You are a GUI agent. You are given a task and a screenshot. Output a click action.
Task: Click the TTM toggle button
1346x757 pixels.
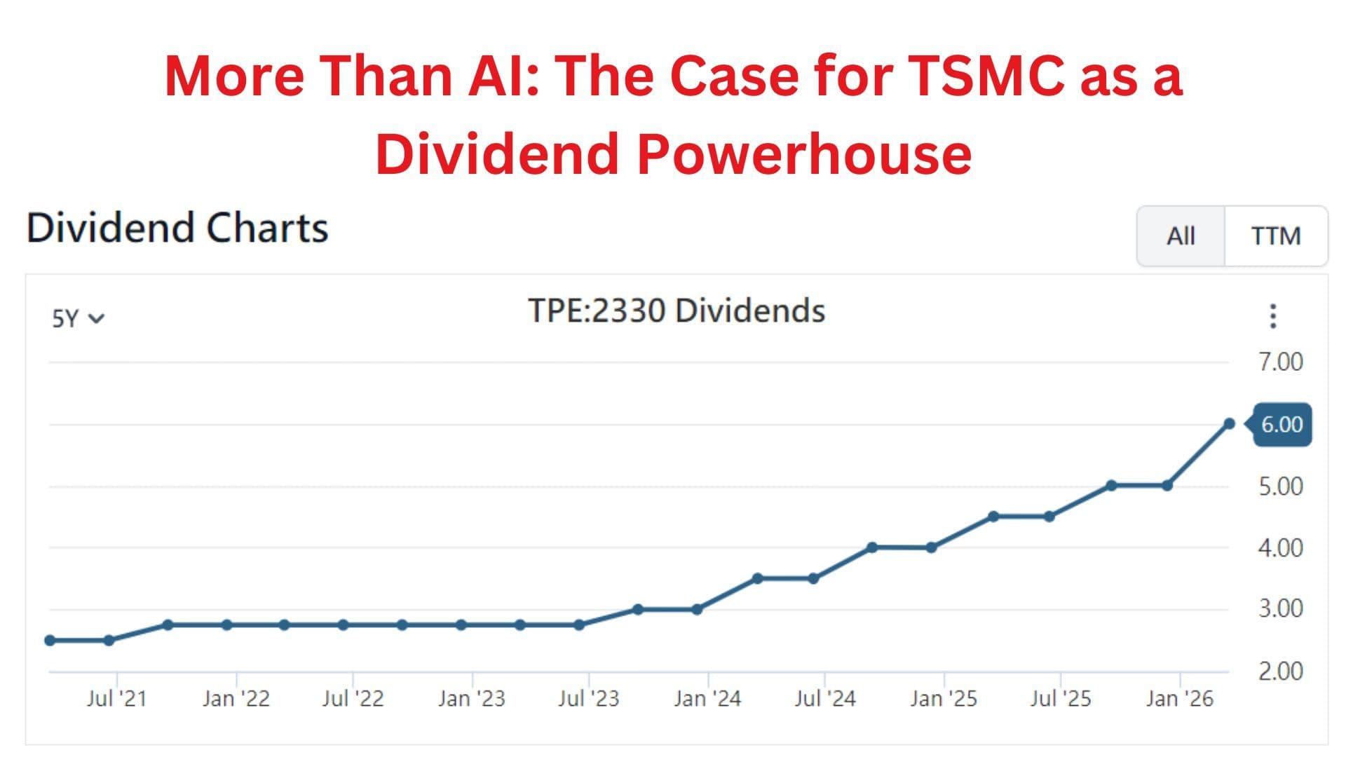[x=1275, y=236]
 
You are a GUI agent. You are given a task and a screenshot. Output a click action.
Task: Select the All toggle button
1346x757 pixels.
[x=1181, y=236]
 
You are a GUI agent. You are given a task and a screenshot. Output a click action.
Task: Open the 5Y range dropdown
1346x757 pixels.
[x=77, y=319]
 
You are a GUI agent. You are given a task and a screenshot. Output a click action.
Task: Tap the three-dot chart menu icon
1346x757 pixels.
[x=1273, y=316]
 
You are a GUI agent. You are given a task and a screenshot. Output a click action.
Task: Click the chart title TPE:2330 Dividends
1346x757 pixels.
[x=676, y=311]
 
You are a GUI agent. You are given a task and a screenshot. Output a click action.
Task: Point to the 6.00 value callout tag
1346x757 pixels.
[x=1282, y=424]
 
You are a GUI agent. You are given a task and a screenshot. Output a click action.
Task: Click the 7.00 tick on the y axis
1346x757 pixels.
[x=1280, y=362]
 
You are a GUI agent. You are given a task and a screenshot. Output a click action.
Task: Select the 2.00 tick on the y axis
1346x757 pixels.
[x=1280, y=671]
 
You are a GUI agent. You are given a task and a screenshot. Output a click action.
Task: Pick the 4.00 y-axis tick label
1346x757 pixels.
[x=1280, y=547]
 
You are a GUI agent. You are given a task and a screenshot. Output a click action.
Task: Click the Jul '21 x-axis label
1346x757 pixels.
[x=116, y=698]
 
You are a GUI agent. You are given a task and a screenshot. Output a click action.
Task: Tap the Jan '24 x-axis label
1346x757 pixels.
[x=707, y=698]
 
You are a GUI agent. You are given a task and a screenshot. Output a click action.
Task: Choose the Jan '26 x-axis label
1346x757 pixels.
[x=1179, y=698]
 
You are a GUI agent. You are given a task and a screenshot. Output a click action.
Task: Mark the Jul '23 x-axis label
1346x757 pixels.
[x=588, y=698]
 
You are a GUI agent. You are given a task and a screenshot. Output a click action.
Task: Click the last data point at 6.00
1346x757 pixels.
[x=1229, y=423]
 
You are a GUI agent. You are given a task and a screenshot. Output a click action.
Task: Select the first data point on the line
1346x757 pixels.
[x=50, y=640]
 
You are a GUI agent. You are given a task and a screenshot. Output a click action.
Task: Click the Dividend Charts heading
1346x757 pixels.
[x=177, y=228]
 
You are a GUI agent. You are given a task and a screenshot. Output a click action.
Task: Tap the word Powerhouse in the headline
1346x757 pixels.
[x=804, y=154]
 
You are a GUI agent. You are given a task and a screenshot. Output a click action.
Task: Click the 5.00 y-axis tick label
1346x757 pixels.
[x=1280, y=486]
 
